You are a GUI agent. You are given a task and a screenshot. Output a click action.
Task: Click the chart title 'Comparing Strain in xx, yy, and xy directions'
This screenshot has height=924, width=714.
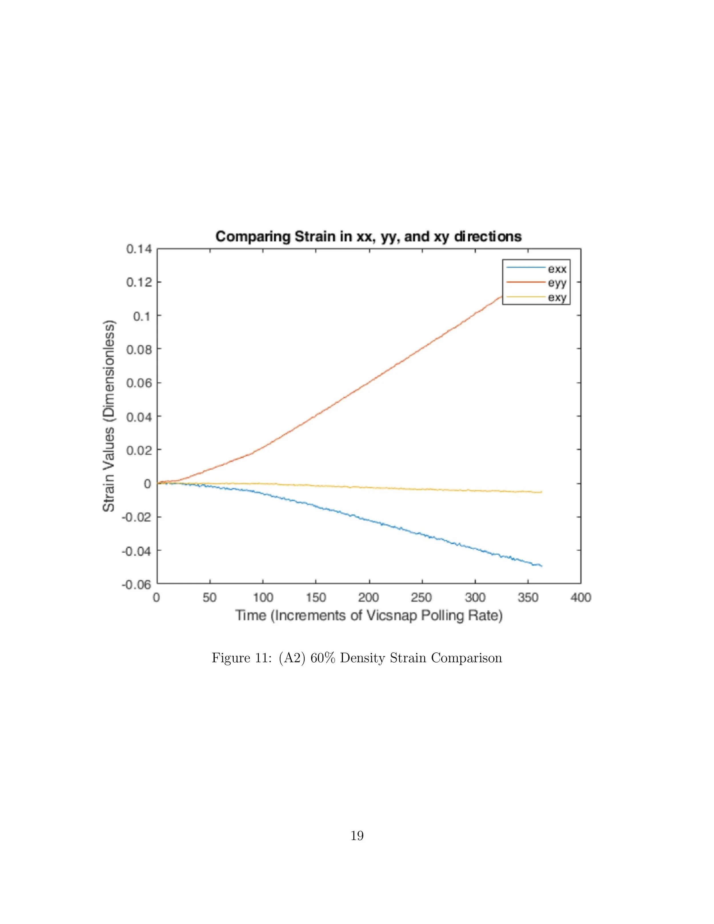point(368,236)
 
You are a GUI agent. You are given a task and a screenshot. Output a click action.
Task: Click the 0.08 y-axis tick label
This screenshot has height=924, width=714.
point(139,349)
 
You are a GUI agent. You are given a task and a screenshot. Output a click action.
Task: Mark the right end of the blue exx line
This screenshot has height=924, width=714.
point(542,566)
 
